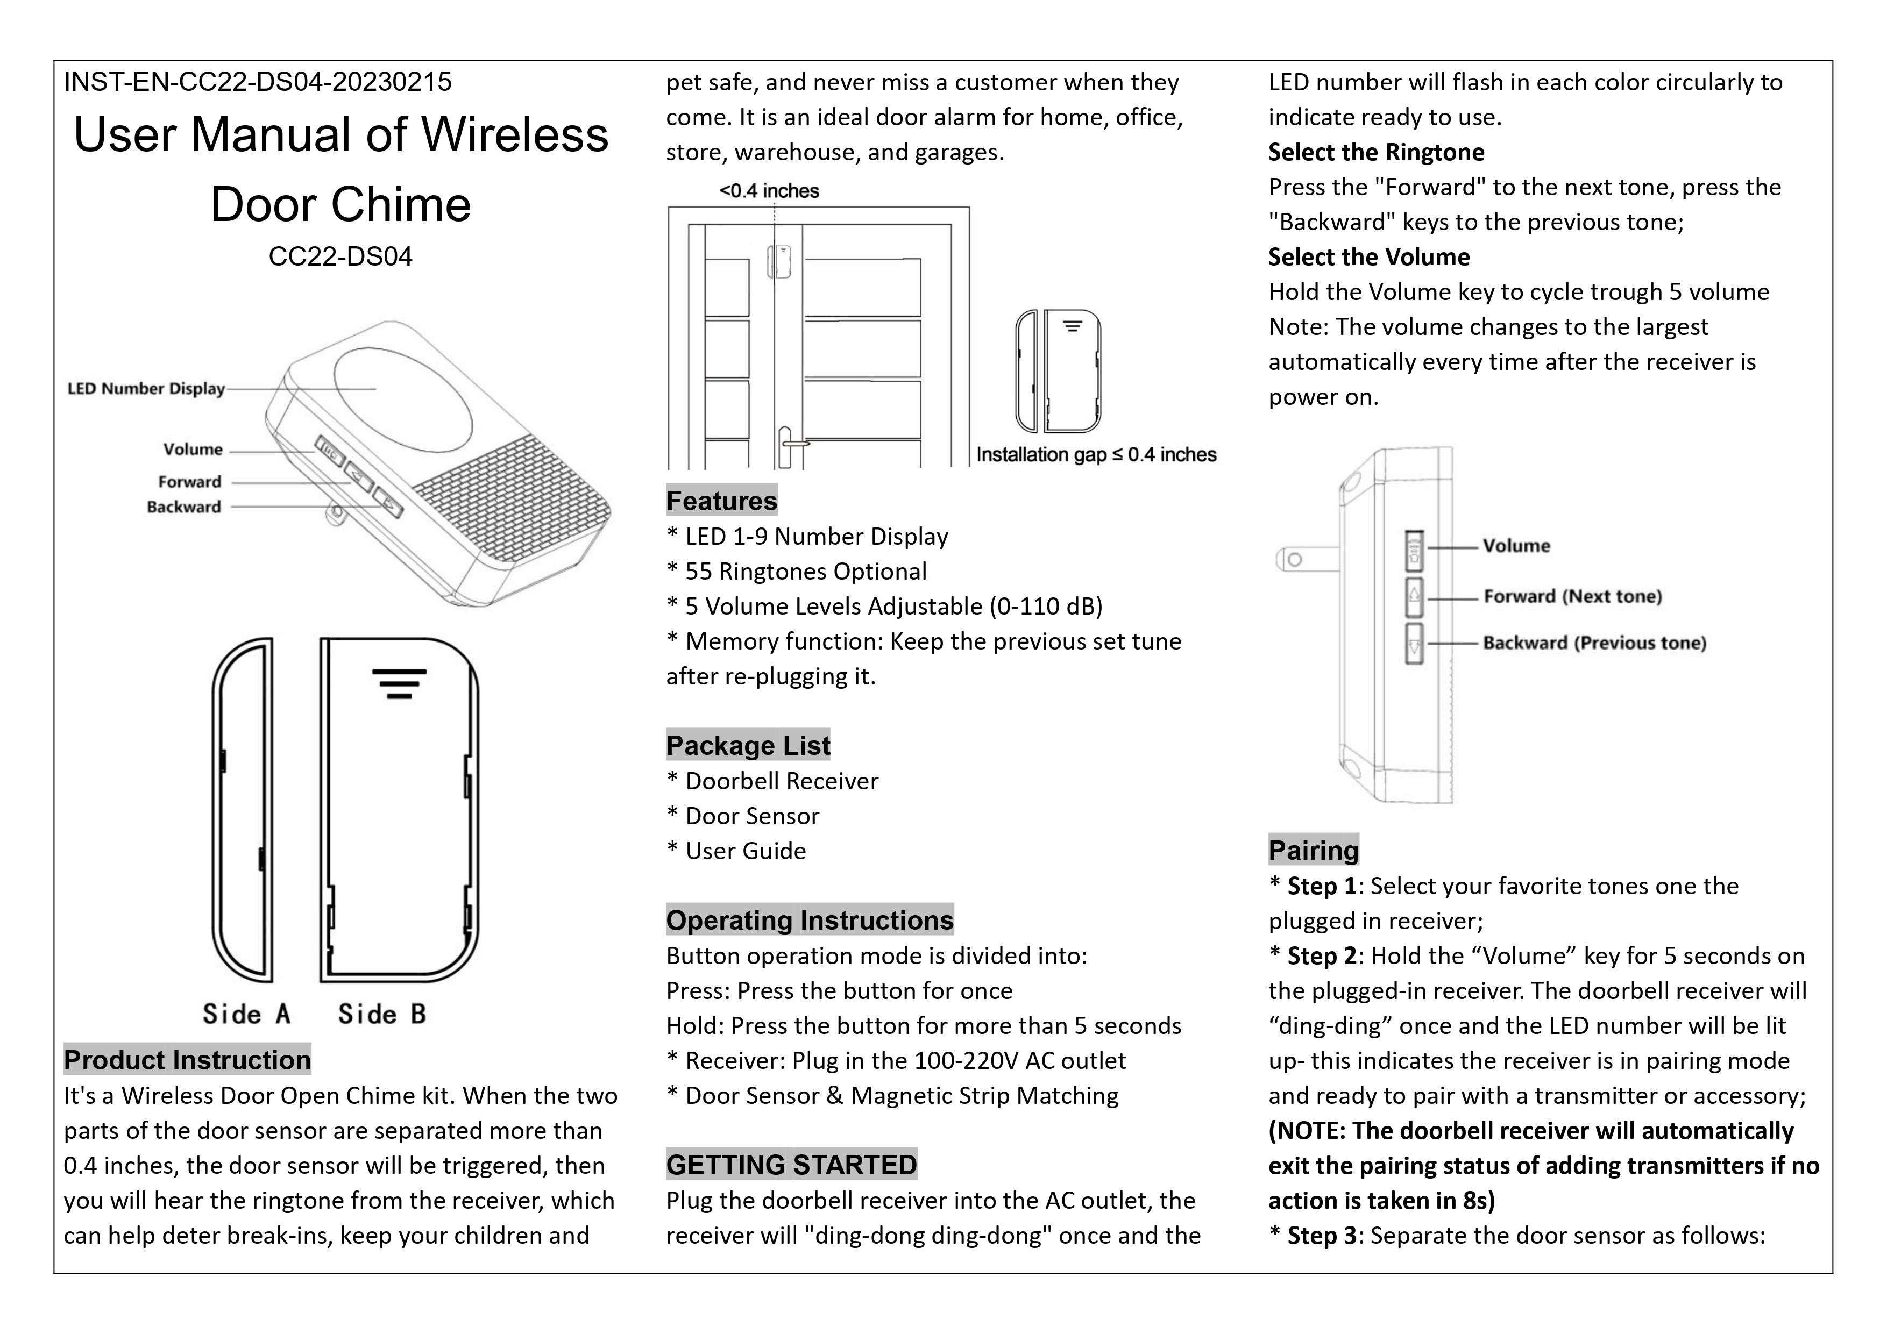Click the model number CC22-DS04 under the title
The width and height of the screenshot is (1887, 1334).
click(340, 256)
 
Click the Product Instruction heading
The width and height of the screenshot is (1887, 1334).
click(187, 1060)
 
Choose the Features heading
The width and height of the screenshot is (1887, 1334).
click(721, 500)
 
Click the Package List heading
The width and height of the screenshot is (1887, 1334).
click(748, 745)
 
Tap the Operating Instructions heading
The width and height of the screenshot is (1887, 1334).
click(810, 920)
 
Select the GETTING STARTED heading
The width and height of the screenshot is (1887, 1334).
click(791, 1165)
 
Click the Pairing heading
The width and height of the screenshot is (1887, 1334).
click(1314, 850)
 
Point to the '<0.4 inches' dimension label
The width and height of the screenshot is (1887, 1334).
click(769, 190)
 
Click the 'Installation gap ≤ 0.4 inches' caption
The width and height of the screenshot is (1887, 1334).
click(1096, 454)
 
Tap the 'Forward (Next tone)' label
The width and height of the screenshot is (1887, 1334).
click(1572, 596)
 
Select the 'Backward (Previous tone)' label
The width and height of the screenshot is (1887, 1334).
click(1594, 643)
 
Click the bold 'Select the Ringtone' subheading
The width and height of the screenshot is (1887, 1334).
click(1376, 152)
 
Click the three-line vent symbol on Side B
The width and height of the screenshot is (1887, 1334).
click(399, 683)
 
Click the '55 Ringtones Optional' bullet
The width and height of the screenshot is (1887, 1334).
click(805, 571)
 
